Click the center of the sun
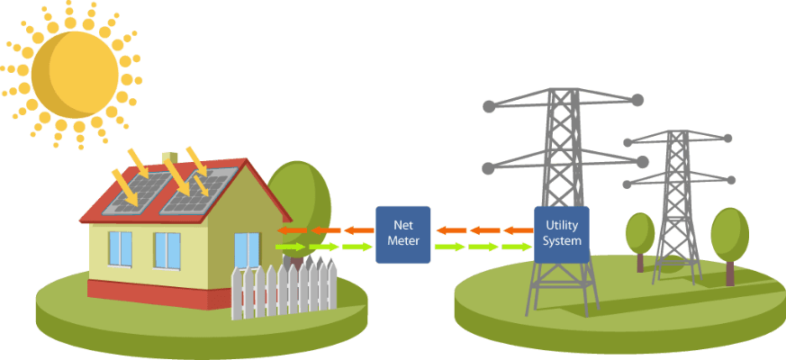(x=75, y=74)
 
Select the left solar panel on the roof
(x=135, y=193)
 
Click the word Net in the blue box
(x=402, y=225)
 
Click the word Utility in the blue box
(x=562, y=226)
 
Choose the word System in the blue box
(x=562, y=241)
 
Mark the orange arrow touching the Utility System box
(x=519, y=230)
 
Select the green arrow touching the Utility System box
(x=519, y=246)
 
